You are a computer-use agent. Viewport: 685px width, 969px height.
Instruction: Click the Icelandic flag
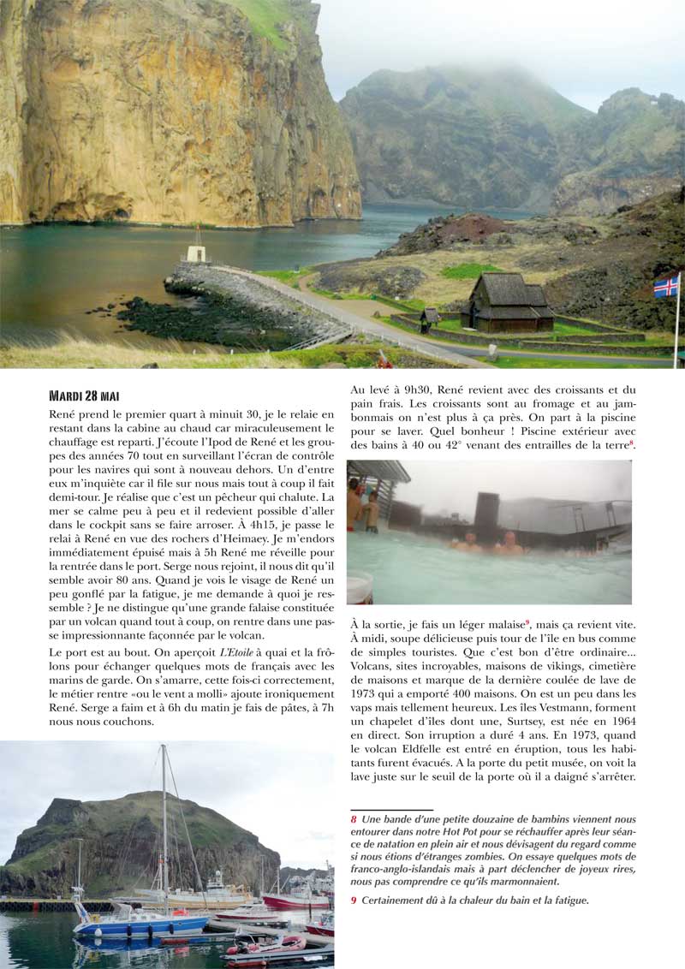tap(666, 286)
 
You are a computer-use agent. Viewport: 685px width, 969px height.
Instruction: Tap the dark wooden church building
tap(509, 305)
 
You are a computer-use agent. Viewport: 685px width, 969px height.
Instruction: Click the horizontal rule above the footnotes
tap(391, 809)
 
